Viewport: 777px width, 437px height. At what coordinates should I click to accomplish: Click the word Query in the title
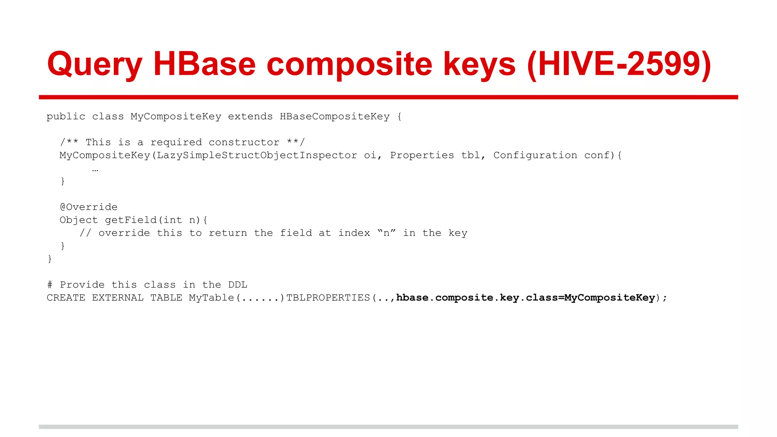pos(94,65)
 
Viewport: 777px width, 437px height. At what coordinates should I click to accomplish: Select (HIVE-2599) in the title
pos(619,64)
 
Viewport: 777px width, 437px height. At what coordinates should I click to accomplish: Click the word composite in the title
pos(349,65)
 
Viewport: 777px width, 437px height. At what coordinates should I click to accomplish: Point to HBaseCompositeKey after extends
pos(335,116)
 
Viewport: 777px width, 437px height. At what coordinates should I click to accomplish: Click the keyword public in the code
pos(66,116)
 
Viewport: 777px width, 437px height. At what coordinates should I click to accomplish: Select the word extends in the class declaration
pos(250,116)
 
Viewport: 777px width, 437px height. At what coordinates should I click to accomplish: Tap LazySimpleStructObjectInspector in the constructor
pos(256,156)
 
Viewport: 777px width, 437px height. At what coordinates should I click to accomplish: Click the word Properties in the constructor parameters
pos(422,156)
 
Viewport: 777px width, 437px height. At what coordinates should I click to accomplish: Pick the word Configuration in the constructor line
pos(535,156)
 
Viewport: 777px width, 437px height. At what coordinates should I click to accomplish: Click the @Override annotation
pos(89,207)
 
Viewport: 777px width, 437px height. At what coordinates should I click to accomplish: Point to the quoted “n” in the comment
pos(387,233)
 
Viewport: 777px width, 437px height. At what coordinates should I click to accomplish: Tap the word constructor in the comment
pos(244,143)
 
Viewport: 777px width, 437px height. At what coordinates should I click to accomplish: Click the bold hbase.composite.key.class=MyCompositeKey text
pos(525,298)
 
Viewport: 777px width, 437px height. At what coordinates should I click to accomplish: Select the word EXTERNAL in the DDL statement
pos(118,298)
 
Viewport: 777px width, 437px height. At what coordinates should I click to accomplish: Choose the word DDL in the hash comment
pos(238,285)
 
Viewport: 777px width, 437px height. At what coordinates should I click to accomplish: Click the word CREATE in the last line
pos(66,298)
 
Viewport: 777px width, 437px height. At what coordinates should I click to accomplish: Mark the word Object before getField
pos(79,220)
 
